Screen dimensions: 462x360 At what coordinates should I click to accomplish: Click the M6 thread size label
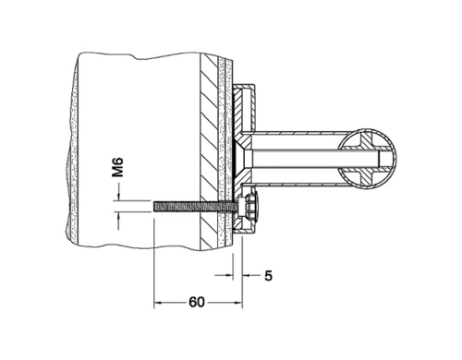point(117,167)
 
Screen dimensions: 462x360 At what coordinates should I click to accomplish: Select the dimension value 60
point(197,302)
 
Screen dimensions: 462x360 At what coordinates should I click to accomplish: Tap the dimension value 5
point(268,276)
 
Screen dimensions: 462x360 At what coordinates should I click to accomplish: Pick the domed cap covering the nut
point(256,206)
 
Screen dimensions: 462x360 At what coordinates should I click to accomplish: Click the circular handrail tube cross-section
point(367,159)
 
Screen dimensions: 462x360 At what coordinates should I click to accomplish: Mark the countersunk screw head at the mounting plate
point(243,159)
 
